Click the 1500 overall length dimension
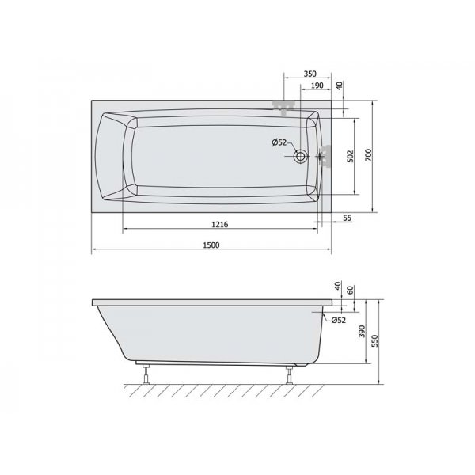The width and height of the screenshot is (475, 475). point(211,245)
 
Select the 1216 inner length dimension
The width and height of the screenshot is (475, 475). point(219,225)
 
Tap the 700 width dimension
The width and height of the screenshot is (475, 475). point(368,155)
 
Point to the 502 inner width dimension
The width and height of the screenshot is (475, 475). point(350,156)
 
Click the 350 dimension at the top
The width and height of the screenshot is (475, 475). point(310,74)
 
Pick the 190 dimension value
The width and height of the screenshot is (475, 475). point(317,85)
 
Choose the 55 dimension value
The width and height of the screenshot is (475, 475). point(348,218)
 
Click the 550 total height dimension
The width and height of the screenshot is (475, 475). point(375,340)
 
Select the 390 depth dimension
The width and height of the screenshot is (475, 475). point(363,332)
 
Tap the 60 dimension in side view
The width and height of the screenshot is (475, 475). point(350,291)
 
